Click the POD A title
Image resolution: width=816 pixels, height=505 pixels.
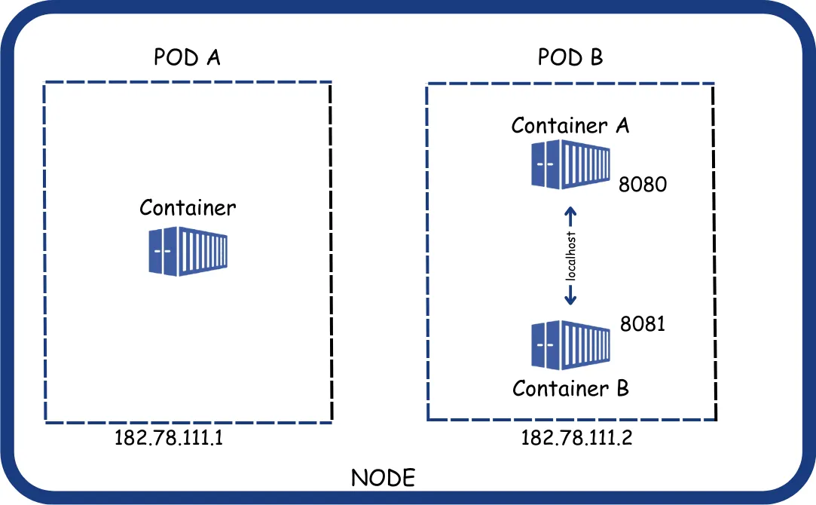point(187,58)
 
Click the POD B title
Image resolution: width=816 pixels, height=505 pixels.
point(570,58)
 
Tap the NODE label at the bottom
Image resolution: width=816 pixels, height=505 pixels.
point(383,478)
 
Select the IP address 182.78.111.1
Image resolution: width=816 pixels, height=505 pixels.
point(170,438)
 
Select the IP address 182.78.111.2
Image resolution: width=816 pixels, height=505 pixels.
point(576,438)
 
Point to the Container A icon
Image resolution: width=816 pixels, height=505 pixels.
point(570,164)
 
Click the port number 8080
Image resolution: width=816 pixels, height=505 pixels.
point(643,184)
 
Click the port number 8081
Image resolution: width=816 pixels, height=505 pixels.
point(643,324)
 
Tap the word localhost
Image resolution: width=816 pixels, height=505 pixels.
point(570,257)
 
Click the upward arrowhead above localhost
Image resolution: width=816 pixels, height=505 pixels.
point(570,212)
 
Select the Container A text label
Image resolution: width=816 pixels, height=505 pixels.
point(570,125)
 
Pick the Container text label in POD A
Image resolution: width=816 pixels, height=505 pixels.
point(188,207)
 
